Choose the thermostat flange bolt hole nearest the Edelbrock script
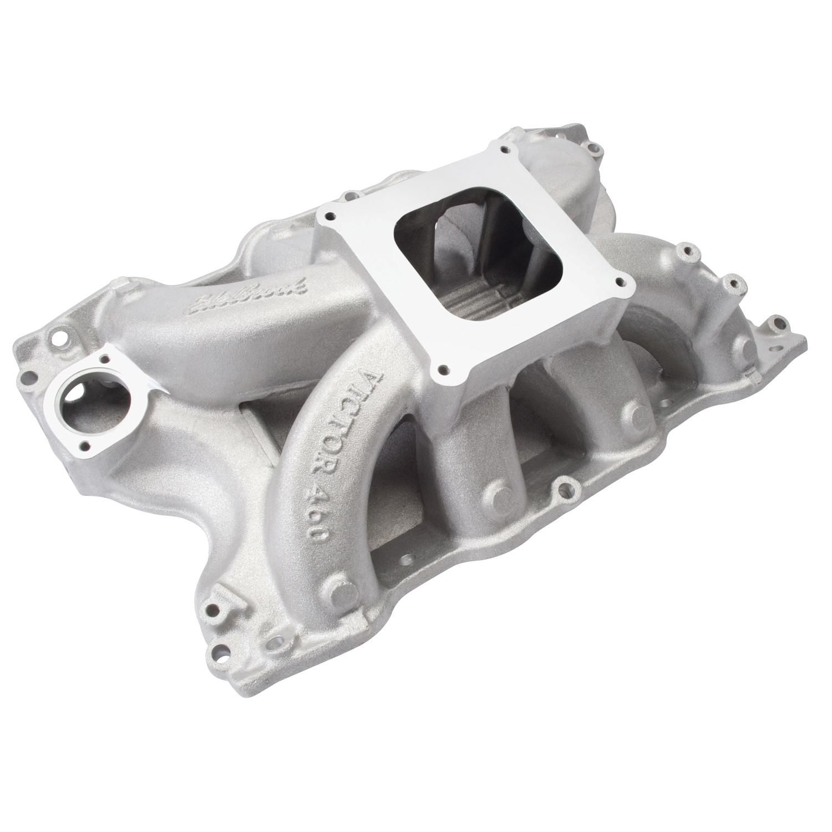click(120, 356)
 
